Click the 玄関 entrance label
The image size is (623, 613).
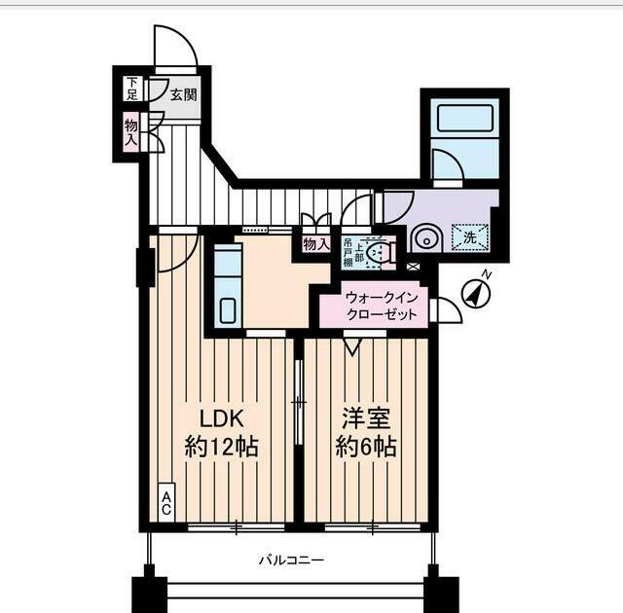click(x=183, y=95)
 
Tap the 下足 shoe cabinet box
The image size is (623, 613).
click(x=132, y=89)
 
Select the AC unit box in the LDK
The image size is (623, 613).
click(x=166, y=502)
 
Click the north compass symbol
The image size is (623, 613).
click(x=476, y=293)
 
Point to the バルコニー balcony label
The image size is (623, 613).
click(x=292, y=560)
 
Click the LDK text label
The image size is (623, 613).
click(x=221, y=418)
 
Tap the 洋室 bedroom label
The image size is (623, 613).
click(x=366, y=418)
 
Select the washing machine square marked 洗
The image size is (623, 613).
click(x=469, y=237)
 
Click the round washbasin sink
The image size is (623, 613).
click(x=426, y=239)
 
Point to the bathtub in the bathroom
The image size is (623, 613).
click(x=465, y=119)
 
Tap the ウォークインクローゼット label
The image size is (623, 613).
click(x=382, y=306)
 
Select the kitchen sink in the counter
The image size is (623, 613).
click(x=228, y=310)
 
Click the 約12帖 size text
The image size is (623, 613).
click(x=222, y=447)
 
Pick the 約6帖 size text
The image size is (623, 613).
click(x=366, y=447)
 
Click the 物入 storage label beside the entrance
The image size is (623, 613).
click(x=130, y=132)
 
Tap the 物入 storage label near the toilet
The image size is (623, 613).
click(x=316, y=244)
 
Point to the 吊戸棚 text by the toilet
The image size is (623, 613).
click(x=348, y=253)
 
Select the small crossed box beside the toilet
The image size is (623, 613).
click(x=413, y=267)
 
